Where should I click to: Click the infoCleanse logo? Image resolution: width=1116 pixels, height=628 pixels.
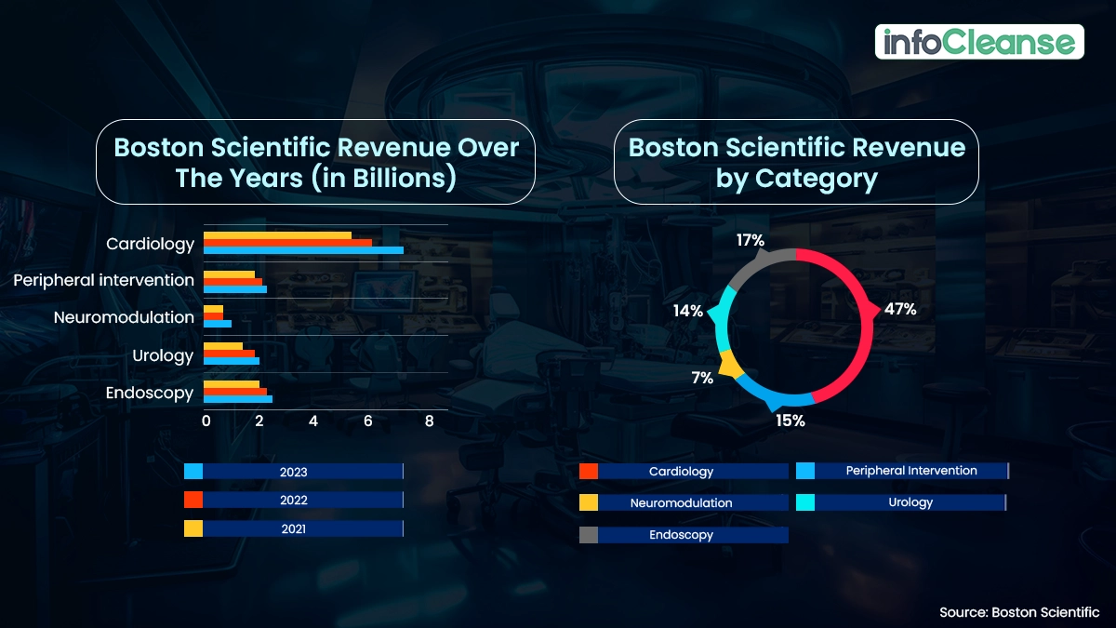pyautogui.click(x=979, y=42)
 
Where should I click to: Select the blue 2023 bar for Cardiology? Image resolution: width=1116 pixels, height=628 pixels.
pyautogui.click(x=303, y=250)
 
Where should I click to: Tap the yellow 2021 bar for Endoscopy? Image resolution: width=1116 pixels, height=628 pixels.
pyautogui.click(x=232, y=384)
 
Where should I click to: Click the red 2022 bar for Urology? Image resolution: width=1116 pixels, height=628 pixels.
pyautogui.click(x=229, y=354)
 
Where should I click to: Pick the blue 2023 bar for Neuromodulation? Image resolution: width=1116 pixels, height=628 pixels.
pyautogui.click(x=218, y=324)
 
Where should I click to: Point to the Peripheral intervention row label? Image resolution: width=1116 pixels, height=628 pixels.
pyautogui.click(x=104, y=280)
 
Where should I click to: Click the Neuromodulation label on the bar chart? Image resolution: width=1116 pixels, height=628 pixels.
pyautogui.click(x=124, y=317)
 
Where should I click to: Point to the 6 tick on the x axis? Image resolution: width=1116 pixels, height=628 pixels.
pyautogui.click(x=368, y=421)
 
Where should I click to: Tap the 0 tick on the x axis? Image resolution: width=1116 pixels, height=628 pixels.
pyautogui.click(x=206, y=421)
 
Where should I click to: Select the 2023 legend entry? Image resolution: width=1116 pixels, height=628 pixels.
pyautogui.click(x=294, y=472)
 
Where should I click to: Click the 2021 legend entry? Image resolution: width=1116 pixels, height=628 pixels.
pyautogui.click(x=294, y=529)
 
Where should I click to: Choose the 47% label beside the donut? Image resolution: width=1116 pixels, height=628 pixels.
pyautogui.click(x=900, y=310)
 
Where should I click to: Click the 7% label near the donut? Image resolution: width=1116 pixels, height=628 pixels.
pyautogui.click(x=702, y=378)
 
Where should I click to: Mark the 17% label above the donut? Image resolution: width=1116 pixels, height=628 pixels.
pyautogui.click(x=750, y=241)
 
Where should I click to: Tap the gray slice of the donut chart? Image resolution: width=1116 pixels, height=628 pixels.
pyautogui.click(x=758, y=266)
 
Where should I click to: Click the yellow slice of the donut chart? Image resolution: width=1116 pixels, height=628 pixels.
pyautogui.click(x=731, y=366)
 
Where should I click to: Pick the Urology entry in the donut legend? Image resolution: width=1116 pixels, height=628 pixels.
pyautogui.click(x=900, y=502)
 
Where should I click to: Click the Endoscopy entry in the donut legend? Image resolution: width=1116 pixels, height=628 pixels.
pyautogui.click(x=683, y=535)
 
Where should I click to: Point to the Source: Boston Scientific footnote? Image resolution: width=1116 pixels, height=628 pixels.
pyautogui.click(x=1019, y=612)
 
